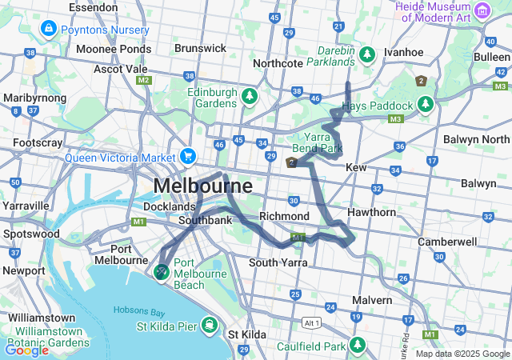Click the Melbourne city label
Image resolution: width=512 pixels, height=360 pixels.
(x=202, y=186)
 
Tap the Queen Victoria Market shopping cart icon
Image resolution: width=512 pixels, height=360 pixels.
(x=188, y=154)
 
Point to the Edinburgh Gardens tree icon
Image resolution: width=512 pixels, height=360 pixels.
(x=250, y=96)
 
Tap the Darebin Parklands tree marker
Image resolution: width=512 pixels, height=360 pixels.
(x=367, y=54)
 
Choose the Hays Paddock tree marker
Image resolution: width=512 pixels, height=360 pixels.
(x=425, y=105)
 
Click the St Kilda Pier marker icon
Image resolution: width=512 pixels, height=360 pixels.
(x=209, y=325)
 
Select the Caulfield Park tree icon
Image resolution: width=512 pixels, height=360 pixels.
(x=358, y=346)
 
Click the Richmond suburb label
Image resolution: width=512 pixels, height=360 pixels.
(x=284, y=217)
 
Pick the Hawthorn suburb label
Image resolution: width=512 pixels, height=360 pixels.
(x=371, y=213)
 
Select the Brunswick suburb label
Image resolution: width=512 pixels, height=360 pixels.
(x=200, y=48)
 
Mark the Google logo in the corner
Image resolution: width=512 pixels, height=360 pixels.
(x=26, y=350)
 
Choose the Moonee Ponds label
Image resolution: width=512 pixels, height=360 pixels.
(x=114, y=49)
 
